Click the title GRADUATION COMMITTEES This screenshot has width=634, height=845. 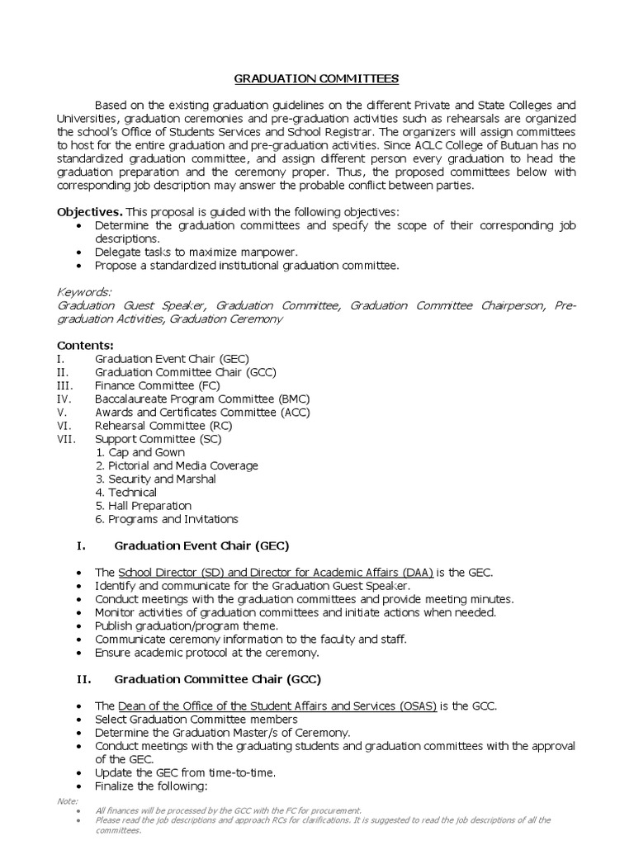317,79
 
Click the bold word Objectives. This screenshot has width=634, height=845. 90,212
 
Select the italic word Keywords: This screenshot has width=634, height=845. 83,292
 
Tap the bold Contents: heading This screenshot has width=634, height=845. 85,345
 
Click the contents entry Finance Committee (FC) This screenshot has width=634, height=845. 156,385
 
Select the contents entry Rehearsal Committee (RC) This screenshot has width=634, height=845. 163,426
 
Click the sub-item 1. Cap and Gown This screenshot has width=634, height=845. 140,452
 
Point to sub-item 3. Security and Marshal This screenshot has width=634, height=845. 156,479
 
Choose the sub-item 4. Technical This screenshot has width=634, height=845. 126,492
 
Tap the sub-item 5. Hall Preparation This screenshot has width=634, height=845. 144,505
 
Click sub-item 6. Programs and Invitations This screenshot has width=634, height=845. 167,519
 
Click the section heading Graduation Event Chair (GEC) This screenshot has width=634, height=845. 201,545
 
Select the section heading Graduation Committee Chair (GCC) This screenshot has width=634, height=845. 217,679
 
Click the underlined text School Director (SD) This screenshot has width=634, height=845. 176,573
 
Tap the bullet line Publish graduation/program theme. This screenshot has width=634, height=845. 187,625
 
